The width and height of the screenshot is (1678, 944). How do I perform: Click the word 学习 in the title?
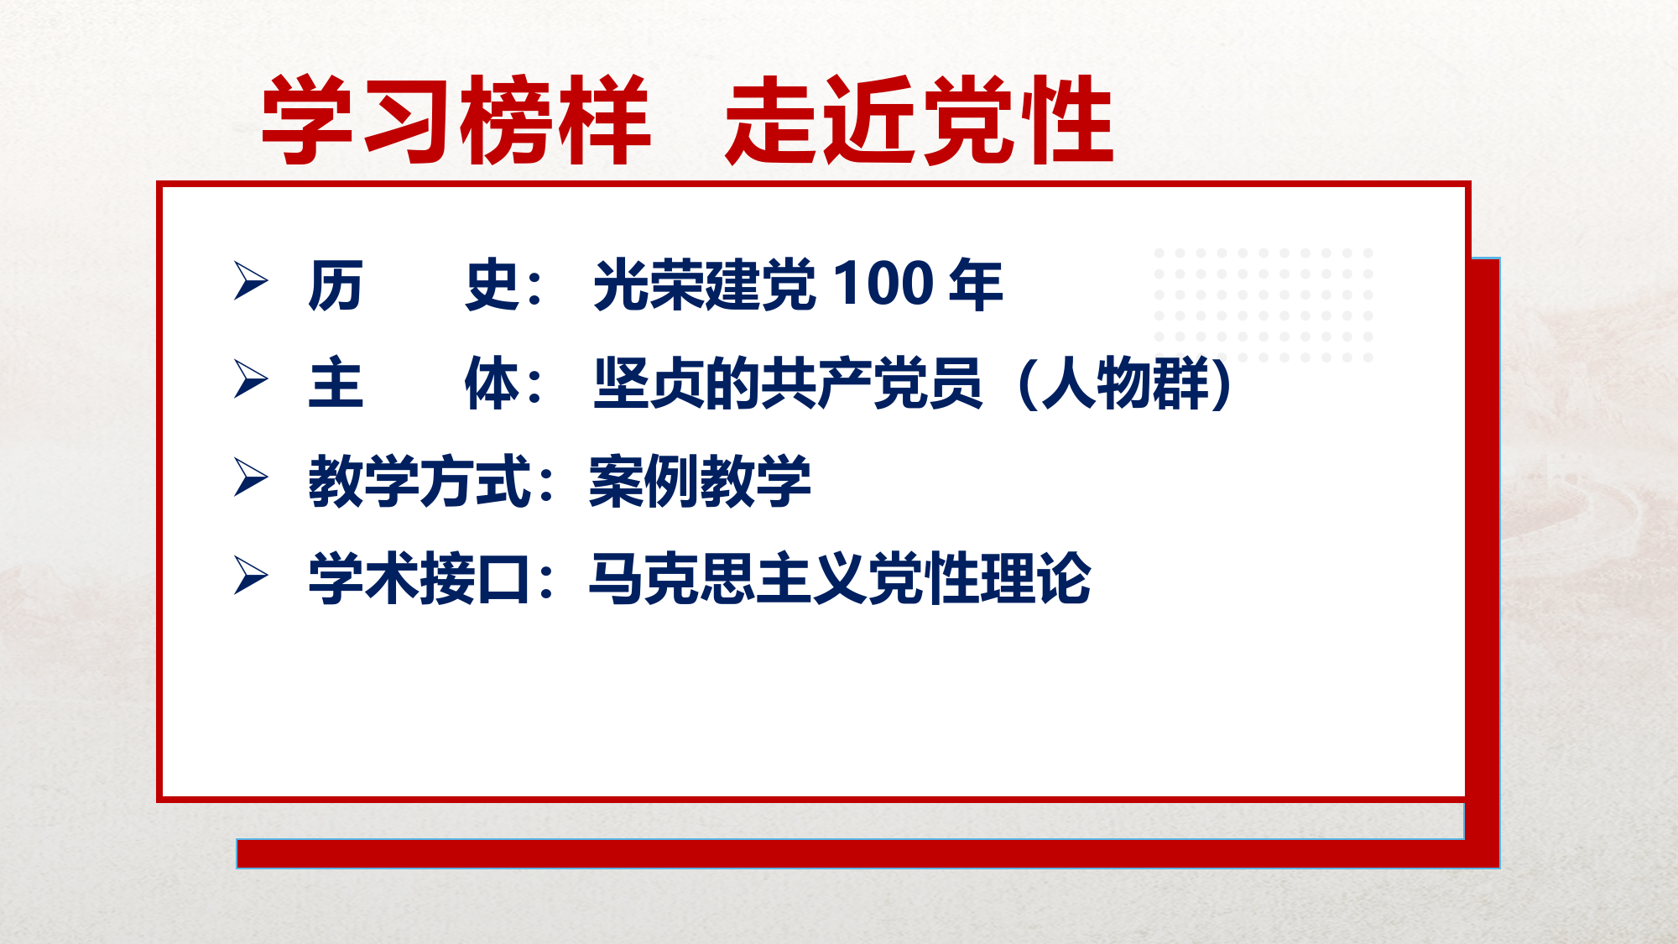[x=358, y=119]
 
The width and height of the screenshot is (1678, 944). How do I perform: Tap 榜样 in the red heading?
[x=555, y=119]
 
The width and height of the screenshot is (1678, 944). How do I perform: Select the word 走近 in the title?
[x=822, y=119]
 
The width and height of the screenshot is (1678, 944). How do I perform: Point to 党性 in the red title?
[x=1018, y=119]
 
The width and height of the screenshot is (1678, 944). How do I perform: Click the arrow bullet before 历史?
[x=251, y=280]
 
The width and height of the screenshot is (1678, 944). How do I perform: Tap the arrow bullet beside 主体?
[x=251, y=379]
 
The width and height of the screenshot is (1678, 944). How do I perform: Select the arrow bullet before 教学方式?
[x=251, y=477]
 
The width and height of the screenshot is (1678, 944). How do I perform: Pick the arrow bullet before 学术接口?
[x=251, y=576]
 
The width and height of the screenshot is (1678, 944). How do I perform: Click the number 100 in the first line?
[x=883, y=283]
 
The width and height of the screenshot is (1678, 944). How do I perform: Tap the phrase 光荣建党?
[x=704, y=284]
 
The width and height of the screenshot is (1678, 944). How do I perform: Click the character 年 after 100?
[x=976, y=284]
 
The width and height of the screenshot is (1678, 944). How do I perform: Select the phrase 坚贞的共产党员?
[x=788, y=383]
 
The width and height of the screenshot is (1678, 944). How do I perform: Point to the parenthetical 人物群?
[x=1124, y=383]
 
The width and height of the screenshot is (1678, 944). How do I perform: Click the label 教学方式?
[x=419, y=482]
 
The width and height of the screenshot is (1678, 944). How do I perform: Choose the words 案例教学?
[x=700, y=482]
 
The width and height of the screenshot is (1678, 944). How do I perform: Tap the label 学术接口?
[x=419, y=579]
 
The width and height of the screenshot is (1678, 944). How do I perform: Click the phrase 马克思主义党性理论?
[x=840, y=579]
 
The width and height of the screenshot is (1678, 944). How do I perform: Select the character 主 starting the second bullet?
[x=336, y=383]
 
